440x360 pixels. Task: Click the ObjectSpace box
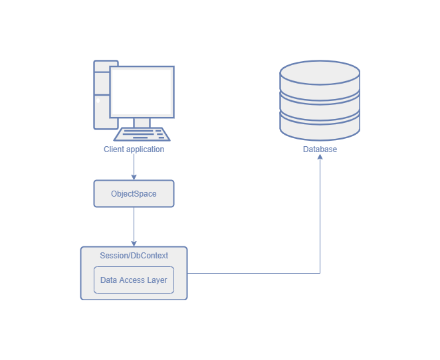point(134,194)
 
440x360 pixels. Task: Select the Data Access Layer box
point(134,280)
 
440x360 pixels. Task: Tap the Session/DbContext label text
point(134,256)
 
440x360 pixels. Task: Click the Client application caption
point(134,149)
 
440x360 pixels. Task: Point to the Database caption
point(320,149)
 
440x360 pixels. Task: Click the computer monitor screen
point(142,91)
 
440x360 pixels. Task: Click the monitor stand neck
point(142,122)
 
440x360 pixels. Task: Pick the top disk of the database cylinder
point(320,76)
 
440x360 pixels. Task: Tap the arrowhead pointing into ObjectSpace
point(134,177)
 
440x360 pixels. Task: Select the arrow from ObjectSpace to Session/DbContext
point(134,226)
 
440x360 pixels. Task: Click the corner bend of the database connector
point(320,273)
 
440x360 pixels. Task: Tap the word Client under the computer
point(114,149)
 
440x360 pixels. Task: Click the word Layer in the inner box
point(158,280)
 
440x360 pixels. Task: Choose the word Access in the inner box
point(132,280)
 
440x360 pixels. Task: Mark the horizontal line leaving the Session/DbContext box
point(253,273)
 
